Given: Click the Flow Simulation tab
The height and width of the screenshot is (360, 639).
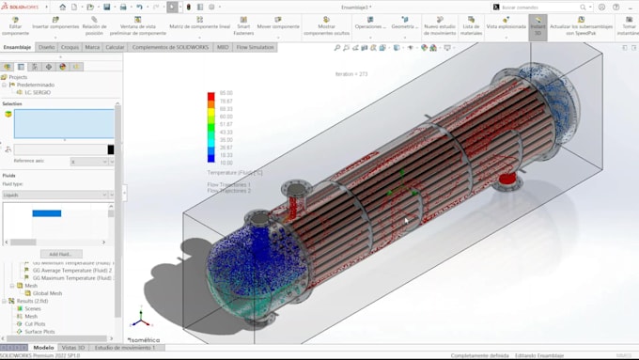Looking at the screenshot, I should [x=256, y=46].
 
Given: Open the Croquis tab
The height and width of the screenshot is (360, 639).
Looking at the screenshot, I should [x=70, y=46].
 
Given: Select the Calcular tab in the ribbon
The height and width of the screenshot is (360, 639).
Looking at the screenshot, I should [x=115, y=46].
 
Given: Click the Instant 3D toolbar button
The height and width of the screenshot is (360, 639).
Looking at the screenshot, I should [x=538, y=27].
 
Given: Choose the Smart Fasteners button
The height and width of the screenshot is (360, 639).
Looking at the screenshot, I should [x=243, y=27].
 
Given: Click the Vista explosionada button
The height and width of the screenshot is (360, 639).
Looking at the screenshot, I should [x=505, y=27].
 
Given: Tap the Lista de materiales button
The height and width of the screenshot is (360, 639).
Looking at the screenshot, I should [x=471, y=27].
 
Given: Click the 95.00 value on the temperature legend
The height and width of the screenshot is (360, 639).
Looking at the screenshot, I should [x=226, y=93].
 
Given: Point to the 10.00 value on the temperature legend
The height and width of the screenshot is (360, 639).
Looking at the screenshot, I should [x=226, y=163].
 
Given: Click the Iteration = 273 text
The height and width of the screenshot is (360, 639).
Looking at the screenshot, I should [x=351, y=73].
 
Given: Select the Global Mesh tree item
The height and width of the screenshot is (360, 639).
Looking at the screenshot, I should [x=47, y=293].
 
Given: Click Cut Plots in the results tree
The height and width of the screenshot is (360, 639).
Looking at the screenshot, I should [x=35, y=324].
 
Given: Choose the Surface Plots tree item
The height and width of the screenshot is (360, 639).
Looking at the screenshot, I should [x=39, y=332].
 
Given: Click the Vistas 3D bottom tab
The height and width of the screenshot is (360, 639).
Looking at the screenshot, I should [x=74, y=348].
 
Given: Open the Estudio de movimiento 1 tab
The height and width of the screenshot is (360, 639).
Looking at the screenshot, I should [x=125, y=348].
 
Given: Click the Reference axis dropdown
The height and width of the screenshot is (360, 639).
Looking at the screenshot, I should [x=89, y=162].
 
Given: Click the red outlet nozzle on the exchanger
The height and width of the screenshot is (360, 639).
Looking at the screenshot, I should [x=508, y=178].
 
